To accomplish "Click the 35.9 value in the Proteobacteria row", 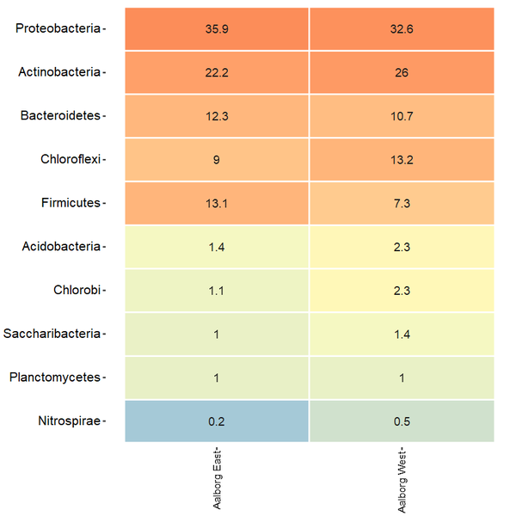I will point(217,28).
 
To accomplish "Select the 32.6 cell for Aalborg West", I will point(402,28).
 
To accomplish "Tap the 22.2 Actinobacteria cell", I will point(217,72).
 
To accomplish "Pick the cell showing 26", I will point(402,72).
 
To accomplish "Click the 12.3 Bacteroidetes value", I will point(217,115).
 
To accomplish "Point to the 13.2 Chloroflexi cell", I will point(402,159).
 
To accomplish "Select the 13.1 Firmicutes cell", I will point(217,203).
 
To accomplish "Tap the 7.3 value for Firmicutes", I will point(402,203).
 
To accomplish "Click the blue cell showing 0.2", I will point(217,421).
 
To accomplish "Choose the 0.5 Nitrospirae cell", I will point(402,421).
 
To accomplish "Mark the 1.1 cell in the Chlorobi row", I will point(217,290).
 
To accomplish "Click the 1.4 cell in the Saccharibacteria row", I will point(402,334).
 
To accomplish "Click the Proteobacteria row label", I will point(58,28).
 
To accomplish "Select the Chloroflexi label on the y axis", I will point(71,159).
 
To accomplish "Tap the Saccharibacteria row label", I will point(52,334).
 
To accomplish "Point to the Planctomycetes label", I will point(55,378).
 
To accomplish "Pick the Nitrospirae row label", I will point(70,421).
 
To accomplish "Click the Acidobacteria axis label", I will point(62,247).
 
